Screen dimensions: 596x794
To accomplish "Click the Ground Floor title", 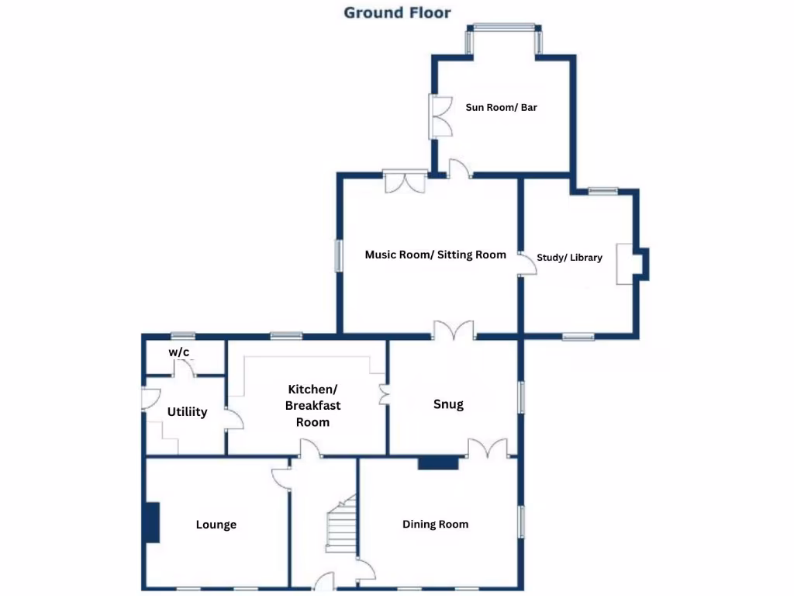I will pyautogui.click(x=397, y=12).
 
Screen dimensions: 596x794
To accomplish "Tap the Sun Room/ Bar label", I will pyautogui.click(x=501, y=108).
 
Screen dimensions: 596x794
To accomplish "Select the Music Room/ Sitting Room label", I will pyautogui.click(x=435, y=255).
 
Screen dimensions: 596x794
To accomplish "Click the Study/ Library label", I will pyautogui.click(x=569, y=258).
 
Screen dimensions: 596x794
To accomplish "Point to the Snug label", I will pyautogui.click(x=448, y=404).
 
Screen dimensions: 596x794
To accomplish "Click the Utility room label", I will pyautogui.click(x=187, y=412).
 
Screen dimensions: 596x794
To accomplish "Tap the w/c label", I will pyautogui.click(x=179, y=352).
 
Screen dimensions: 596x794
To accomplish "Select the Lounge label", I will pyautogui.click(x=216, y=525).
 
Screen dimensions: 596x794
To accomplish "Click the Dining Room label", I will pyautogui.click(x=435, y=525).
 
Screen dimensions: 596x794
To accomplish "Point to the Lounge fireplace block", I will pyautogui.click(x=151, y=522).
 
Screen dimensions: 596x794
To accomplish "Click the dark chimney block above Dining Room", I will pyautogui.click(x=438, y=463).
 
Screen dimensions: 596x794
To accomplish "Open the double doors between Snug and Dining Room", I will pyautogui.click(x=488, y=449).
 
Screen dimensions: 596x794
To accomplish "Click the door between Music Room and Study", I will pyautogui.click(x=527, y=263).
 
